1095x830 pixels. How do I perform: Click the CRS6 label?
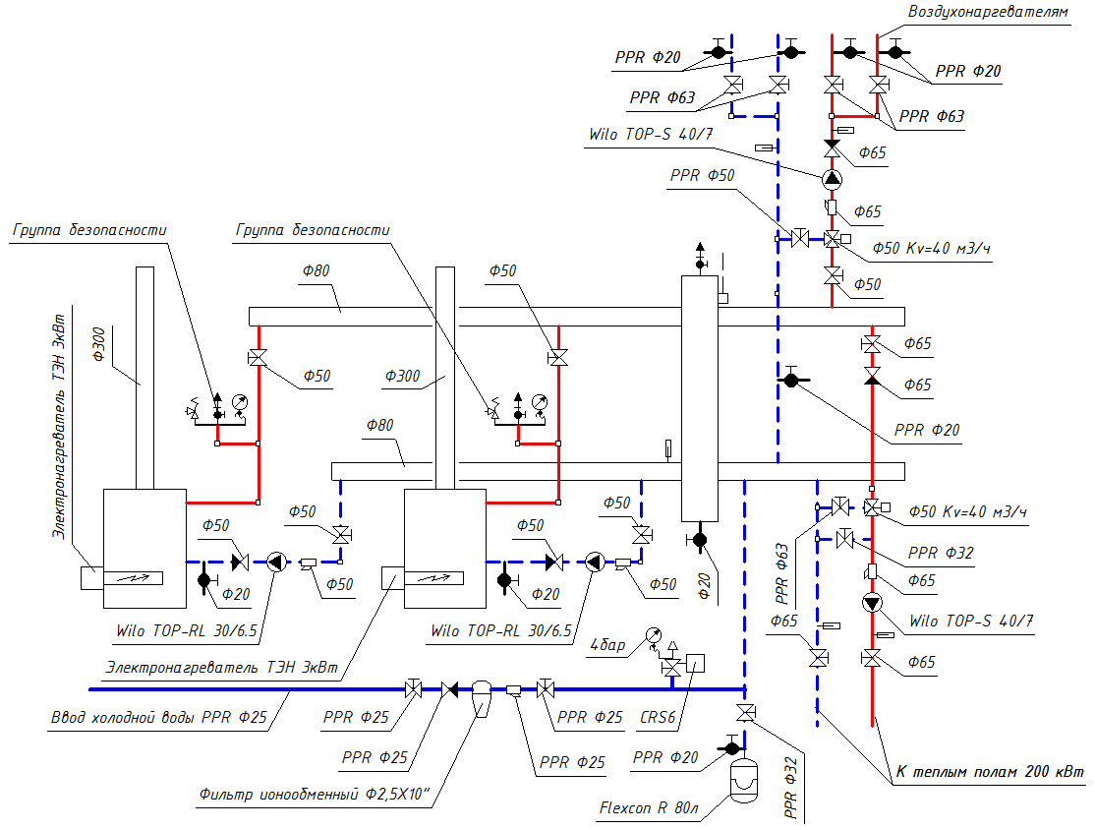coord(658,718)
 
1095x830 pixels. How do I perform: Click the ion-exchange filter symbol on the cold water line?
coord(482,695)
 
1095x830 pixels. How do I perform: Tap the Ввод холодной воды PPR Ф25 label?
coord(160,718)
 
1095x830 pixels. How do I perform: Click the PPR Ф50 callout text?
coord(702,176)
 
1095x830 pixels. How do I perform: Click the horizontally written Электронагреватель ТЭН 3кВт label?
coord(222,666)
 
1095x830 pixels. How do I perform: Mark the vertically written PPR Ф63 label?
coord(783,572)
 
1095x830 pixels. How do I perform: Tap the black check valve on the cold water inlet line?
coord(450,689)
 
